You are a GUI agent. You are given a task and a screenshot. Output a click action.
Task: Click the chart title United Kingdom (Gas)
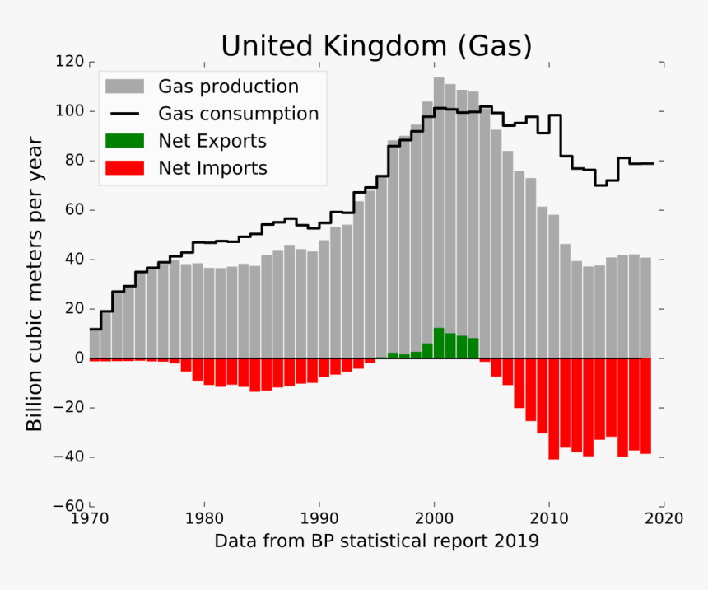tap(376, 45)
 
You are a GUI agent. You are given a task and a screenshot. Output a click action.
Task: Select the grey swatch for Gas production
tap(124, 87)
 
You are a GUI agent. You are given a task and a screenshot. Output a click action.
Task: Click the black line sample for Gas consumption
tap(124, 114)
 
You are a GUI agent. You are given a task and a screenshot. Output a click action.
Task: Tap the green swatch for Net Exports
tap(124, 141)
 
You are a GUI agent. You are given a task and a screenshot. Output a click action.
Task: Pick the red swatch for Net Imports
tap(124, 168)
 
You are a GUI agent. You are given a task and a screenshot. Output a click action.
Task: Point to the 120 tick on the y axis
tap(69, 62)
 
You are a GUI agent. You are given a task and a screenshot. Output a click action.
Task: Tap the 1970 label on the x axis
tap(90, 519)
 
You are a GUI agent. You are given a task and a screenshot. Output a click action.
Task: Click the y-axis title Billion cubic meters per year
tap(34, 285)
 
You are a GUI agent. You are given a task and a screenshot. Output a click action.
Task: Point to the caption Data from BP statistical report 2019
tap(376, 541)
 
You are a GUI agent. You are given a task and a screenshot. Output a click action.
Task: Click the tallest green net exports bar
tap(439, 343)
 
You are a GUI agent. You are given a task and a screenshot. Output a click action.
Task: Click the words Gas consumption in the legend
tap(238, 114)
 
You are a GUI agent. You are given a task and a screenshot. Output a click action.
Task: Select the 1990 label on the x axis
tap(319, 519)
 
